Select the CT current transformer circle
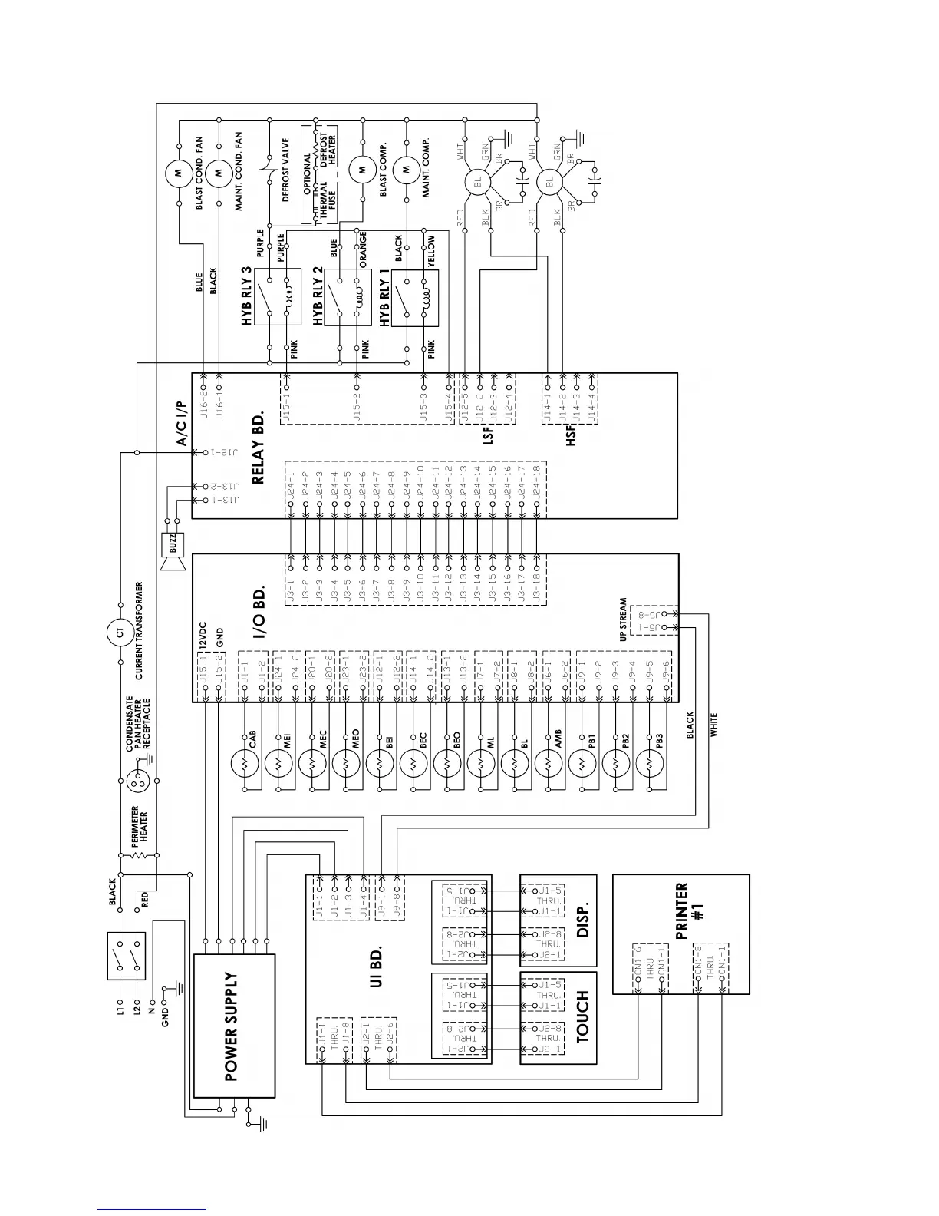pos(120,633)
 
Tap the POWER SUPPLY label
pos(232,1026)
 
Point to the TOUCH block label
pos(582,1017)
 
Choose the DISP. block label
pos(582,919)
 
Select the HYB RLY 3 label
pos(247,297)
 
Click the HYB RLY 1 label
pos(384,297)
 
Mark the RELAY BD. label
pos(258,445)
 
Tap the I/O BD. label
pos(259,614)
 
